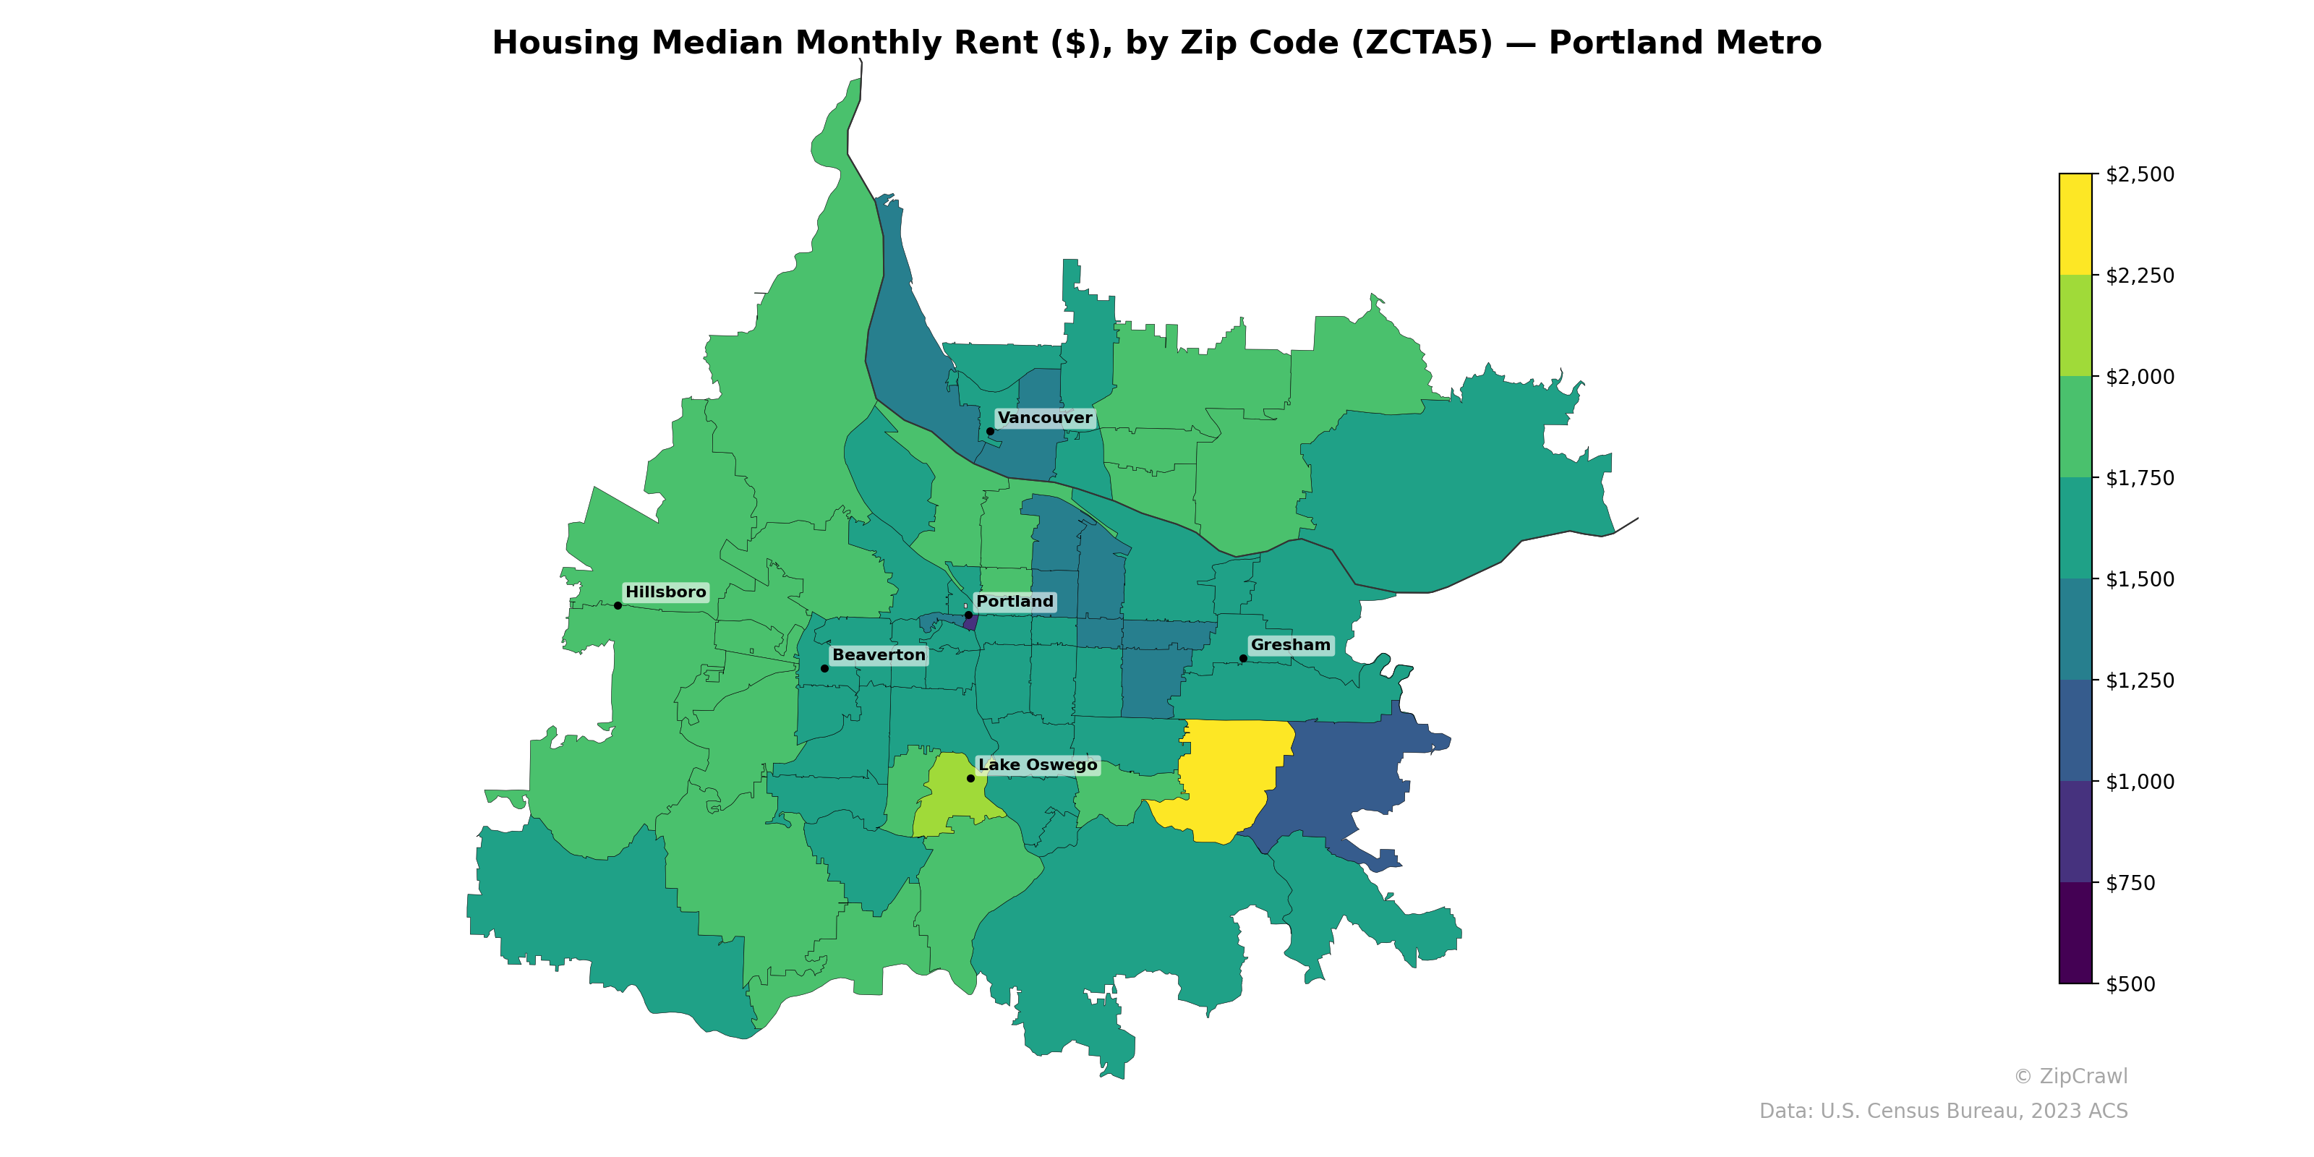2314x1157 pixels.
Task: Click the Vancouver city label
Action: click(1045, 418)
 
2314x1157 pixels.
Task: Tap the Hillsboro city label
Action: click(665, 592)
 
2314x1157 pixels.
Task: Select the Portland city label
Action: click(1014, 602)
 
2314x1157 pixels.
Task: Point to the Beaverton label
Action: click(879, 655)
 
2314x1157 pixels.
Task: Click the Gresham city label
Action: click(1290, 645)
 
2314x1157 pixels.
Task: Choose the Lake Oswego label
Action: click(1038, 764)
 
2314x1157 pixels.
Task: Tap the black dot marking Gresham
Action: click(1243, 659)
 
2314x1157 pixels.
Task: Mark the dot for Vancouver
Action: click(990, 431)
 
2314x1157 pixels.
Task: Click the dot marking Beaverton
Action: click(824, 668)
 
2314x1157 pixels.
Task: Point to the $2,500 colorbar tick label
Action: click(2140, 174)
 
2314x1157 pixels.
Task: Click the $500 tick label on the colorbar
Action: click(2130, 983)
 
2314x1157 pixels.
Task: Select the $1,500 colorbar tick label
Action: click(2140, 579)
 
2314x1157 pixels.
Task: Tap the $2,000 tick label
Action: click(2140, 376)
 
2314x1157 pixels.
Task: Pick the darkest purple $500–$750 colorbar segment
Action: click(2075, 932)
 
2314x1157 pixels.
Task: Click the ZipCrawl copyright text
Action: click(2070, 1076)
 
